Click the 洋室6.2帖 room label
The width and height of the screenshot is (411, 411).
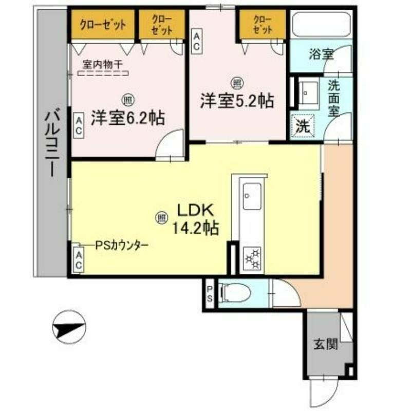[x=128, y=118]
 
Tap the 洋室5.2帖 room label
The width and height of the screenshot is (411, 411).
[x=236, y=101]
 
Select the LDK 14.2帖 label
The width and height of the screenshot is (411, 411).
[x=198, y=218]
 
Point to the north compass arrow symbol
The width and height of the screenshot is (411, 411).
[x=69, y=327]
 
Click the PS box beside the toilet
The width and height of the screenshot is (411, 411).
[x=210, y=293]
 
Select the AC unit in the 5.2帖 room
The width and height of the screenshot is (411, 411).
[x=196, y=41]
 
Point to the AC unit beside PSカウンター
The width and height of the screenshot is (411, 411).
[x=79, y=259]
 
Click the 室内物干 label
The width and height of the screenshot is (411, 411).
[x=103, y=65]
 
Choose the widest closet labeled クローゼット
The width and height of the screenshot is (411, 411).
[x=102, y=24]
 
